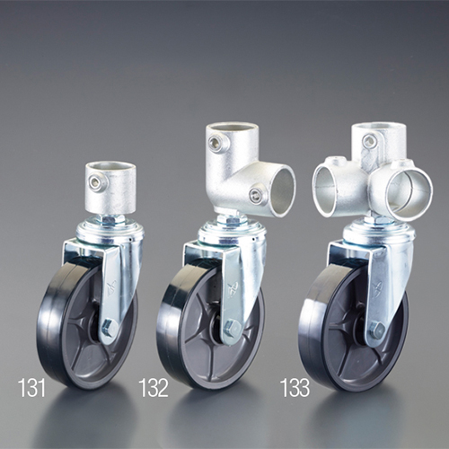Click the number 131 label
pyautogui.click(x=31, y=388)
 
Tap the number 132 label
pyautogui.click(x=154, y=388)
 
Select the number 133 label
pyautogui.click(x=295, y=388)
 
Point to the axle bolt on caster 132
pyautogui.click(x=231, y=326)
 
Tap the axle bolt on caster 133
pyautogui.click(x=377, y=330)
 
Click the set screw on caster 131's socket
pyautogui.click(x=96, y=181)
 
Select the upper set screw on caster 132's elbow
pyautogui.click(x=215, y=142)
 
